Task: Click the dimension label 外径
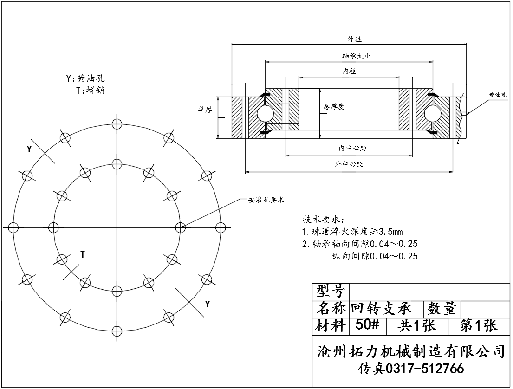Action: tap(355, 39)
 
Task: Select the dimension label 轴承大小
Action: tap(356, 56)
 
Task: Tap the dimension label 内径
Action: tap(349, 71)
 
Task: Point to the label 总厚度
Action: tap(334, 107)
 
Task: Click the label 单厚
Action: tap(205, 110)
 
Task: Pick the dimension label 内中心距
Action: tap(352, 149)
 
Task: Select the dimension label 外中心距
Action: tap(349, 165)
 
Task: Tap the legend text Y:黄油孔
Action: tap(85, 78)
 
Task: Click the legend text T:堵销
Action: tap(90, 90)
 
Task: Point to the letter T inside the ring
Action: tap(82, 254)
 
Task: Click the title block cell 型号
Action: tap(331, 292)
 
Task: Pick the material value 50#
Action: tap(367, 325)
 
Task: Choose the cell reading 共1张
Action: tap(417, 326)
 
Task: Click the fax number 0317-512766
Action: tap(425, 369)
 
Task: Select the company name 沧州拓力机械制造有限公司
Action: tap(410, 351)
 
